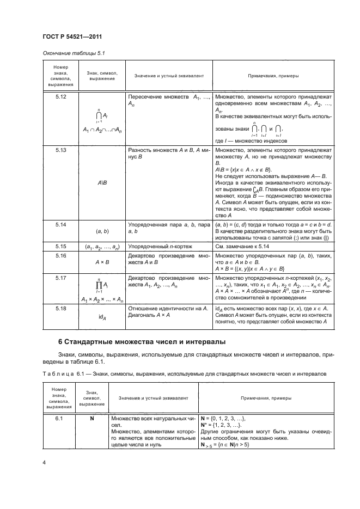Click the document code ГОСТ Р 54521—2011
coord(71,36)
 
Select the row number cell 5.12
coord(60,96)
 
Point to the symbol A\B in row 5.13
coord(101,182)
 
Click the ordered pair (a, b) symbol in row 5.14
coord(101,231)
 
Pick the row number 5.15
coord(60,247)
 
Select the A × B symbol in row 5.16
coord(101,260)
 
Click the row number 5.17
coord(60,278)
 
